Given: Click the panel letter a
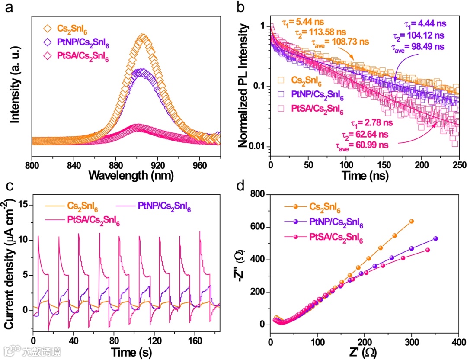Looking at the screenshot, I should [x=9, y=8].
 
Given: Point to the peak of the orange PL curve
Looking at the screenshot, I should [x=144, y=37].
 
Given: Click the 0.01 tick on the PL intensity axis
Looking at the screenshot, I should [x=258, y=147].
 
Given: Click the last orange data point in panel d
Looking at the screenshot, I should [x=412, y=221].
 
